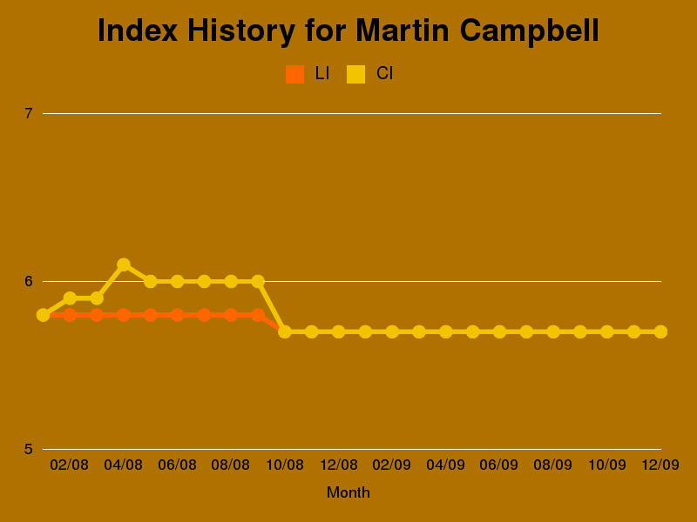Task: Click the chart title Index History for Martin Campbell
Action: click(x=348, y=31)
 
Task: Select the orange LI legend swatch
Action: click(x=294, y=74)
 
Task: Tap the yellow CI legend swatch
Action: click(x=355, y=74)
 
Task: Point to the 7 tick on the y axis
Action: click(x=29, y=113)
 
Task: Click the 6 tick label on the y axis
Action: click(x=29, y=281)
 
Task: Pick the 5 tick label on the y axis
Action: click(x=29, y=449)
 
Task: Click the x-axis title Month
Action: click(x=348, y=492)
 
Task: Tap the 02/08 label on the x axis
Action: click(x=70, y=465)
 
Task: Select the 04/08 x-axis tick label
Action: click(x=124, y=465)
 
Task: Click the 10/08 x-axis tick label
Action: click(x=285, y=465)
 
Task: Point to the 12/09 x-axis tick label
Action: click(x=660, y=465)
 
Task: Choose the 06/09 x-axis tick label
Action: click(x=499, y=465)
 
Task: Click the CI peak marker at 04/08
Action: click(x=124, y=264)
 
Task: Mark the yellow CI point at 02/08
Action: click(x=70, y=298)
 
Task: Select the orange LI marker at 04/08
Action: click(x=124, y=315)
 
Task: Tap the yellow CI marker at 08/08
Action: click(x=231, y=281)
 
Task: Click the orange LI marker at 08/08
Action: click(x=231, y=315)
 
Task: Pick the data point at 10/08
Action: click(x=285, y=331)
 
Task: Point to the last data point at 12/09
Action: click(x=660, y=331)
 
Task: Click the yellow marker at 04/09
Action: click(x=446, y=331)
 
